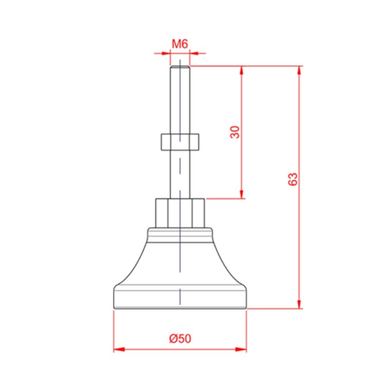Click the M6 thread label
coord(180,44)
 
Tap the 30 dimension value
coord(235,132)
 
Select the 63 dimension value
coord(293,179)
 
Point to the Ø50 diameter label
coord(180,338)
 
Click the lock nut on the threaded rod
coord(180,142)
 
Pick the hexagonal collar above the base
coord(180,213)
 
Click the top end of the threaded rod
coord(180,66)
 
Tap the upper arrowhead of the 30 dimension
coord(242,71)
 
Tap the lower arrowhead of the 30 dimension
coord(242,194)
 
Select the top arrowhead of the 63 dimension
coord(299,71)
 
